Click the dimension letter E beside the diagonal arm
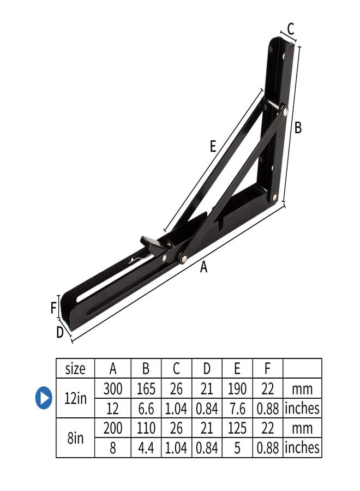pyautogui.click(x=213, y=146)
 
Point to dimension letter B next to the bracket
pyautogui.click(x=298, y=128)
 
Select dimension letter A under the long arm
pyautogui.click(x=204, y=267)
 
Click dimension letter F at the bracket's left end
pyautogui.click(x=53, y=308)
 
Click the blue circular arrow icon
pyautogui.click(x=44, y=398)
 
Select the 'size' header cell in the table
pyautogui.click(x=75, y=369)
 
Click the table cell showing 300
pyautogui.click(x=113, y=389)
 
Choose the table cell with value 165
pyautogui.click(x=146, y=389)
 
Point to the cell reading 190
pyautogui.click(x=237, y=389)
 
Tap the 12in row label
pyautogui.click(x=75, y=398)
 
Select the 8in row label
pyautogui.click(x=75, y=438)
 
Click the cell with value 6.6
pyautogui.click(x=146, y=408)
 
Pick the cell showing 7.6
pyautogui.click(x=237, y=408)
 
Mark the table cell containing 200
pyautogui.click(x=113, y=428)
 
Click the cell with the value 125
pyautogui.click(x=237, y=428)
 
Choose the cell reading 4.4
pyautogui.click(x=146, y=447)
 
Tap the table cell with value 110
pyautogui.click(x=146, y=428)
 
